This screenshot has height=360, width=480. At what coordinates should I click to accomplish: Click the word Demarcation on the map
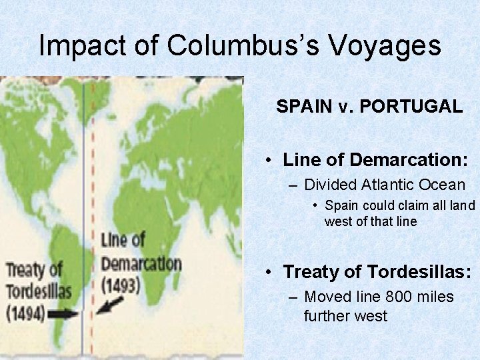pos(141,263)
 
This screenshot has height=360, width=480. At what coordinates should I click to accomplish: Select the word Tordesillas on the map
pos(39,292)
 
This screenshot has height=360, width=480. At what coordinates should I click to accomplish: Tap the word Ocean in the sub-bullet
pos(441,185)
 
